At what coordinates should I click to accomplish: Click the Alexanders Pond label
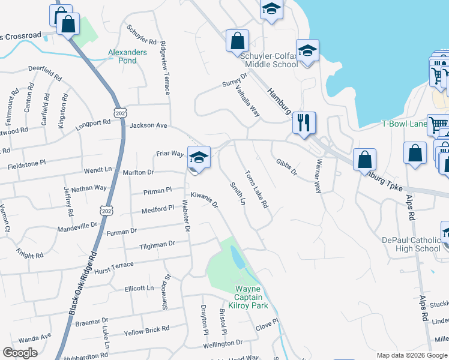(x=127, y=56)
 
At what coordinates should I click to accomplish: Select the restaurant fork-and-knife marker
(x=304, y=123)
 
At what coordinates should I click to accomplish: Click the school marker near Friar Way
(x=199, y=157)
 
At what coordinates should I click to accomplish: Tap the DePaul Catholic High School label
(x=411, y=244)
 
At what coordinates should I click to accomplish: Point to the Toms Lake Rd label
(x=256, y=190)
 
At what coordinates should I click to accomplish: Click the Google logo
(x=20, y=353)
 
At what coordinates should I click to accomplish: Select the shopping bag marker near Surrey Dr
(x=237, y=41)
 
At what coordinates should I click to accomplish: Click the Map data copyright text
(x=411, y=355)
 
